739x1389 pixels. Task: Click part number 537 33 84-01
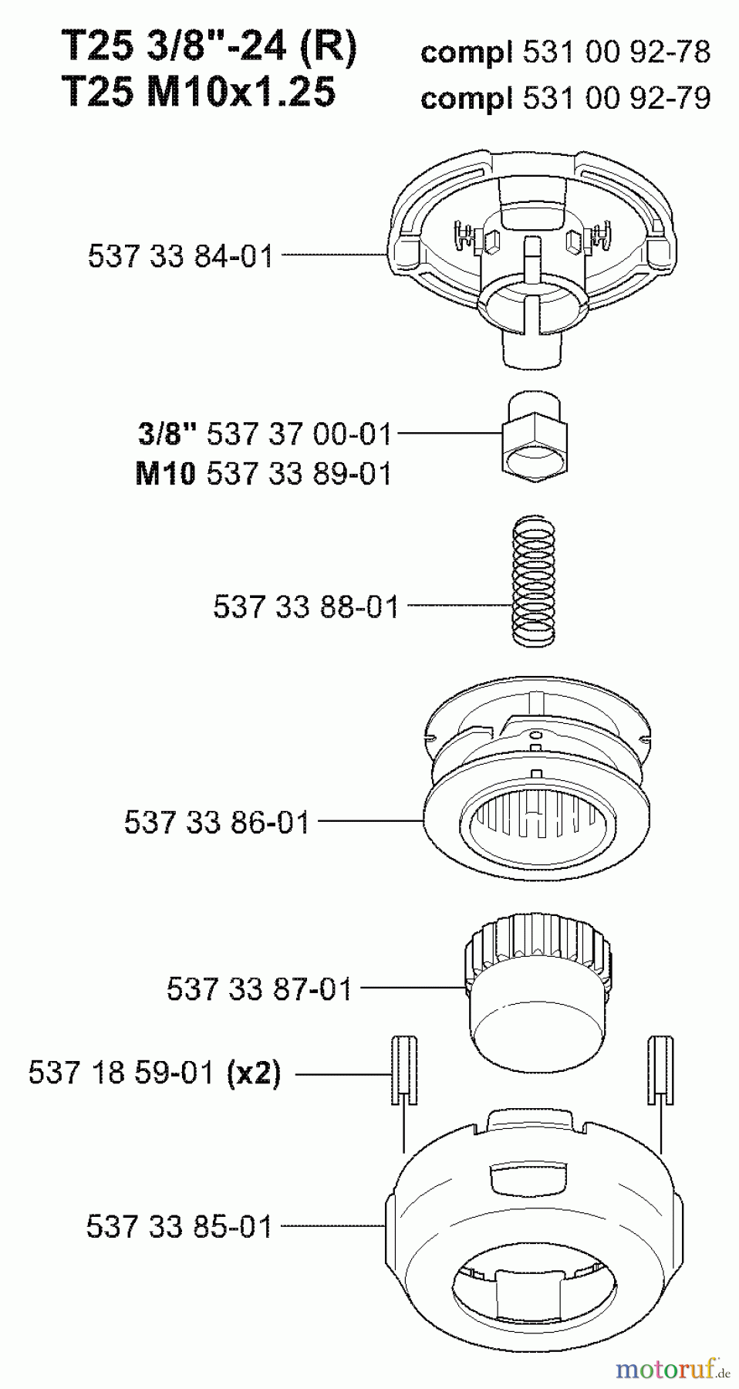(181, 255)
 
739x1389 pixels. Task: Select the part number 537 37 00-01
(299, 434)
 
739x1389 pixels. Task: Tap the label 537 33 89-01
(299, 473)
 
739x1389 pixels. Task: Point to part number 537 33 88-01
(306, 607)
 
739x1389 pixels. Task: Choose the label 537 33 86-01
(217, 822)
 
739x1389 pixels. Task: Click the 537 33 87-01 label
(259, 989)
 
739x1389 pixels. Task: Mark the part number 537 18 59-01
(121, 1073)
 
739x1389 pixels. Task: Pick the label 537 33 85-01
(180, 1226)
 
